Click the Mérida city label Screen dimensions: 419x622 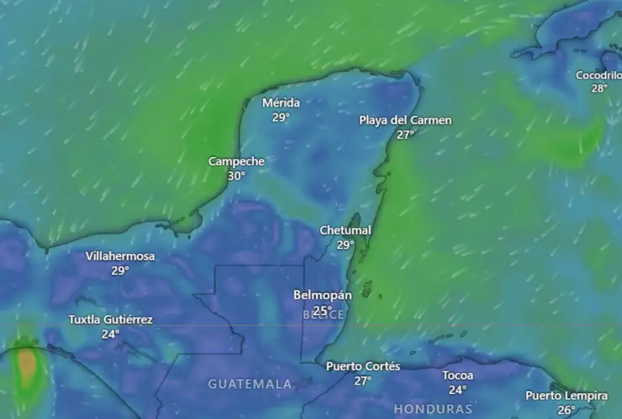click(281, 103)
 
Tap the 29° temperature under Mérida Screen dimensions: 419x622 click(281, 118)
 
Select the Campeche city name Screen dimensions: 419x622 click(236, 161)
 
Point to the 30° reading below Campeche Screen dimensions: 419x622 click(236, 175)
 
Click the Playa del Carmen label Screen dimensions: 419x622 click(405, 120)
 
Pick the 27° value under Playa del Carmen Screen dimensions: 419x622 click(406, 134)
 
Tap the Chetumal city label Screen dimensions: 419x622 click(345, 230)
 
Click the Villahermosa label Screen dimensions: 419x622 click(120, 256)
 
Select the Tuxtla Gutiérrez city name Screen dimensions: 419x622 click(110, 320)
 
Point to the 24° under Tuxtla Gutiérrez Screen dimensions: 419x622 click(110, 333)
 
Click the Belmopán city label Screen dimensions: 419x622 click(323, 296)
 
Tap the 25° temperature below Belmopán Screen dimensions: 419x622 click(322, 311)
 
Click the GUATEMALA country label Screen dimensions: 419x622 click(250, 384)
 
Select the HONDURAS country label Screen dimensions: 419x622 click(433, 409)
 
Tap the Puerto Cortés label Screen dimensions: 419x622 click(362, 366)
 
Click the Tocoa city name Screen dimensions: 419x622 click(458, 375)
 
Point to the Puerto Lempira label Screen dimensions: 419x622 click(567, 395)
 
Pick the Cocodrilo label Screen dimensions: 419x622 click(598, 75)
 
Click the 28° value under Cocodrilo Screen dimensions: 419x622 click(598, 88)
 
